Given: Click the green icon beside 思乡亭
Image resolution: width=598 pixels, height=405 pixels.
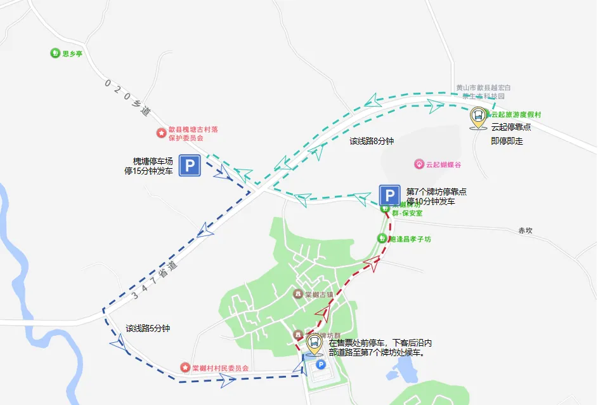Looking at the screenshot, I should (x=55, y=53).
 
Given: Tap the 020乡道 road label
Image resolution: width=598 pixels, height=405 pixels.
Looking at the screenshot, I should (x=127, y=96).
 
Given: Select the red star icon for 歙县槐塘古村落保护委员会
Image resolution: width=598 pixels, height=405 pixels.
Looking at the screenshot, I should (x=161, y=133).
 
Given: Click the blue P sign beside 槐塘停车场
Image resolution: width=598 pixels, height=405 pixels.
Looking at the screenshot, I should (x=190, y=166).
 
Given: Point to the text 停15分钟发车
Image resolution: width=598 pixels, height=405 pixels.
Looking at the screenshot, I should (x=148, y=171).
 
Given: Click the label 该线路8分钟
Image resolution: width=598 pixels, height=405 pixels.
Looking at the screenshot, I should (x=372, y=141).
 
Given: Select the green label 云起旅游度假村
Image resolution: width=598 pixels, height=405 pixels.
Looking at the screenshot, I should (x=516, y=115).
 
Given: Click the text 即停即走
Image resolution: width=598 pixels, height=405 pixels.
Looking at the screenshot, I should (x=507, y=142).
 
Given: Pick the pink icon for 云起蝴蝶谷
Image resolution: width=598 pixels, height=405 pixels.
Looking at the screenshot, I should (x=419, y=164).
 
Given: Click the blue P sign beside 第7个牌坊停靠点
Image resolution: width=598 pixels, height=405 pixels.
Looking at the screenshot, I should (x=389, y=196).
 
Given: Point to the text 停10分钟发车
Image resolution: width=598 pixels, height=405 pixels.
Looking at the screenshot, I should (x=431, y=201).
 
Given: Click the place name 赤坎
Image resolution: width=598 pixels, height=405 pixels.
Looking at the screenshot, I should (x=525, y=231).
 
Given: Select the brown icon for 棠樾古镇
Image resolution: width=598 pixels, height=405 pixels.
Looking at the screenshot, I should (x=298, y=294).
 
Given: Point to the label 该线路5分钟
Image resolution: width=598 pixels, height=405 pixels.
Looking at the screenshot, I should (x=148, y=328).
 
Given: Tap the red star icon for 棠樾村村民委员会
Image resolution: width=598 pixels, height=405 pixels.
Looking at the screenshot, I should (x=185, y=368).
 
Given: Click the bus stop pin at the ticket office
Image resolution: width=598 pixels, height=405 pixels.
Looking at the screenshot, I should (x=314, y=344).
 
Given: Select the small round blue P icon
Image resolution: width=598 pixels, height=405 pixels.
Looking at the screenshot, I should (x=320, y=364).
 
